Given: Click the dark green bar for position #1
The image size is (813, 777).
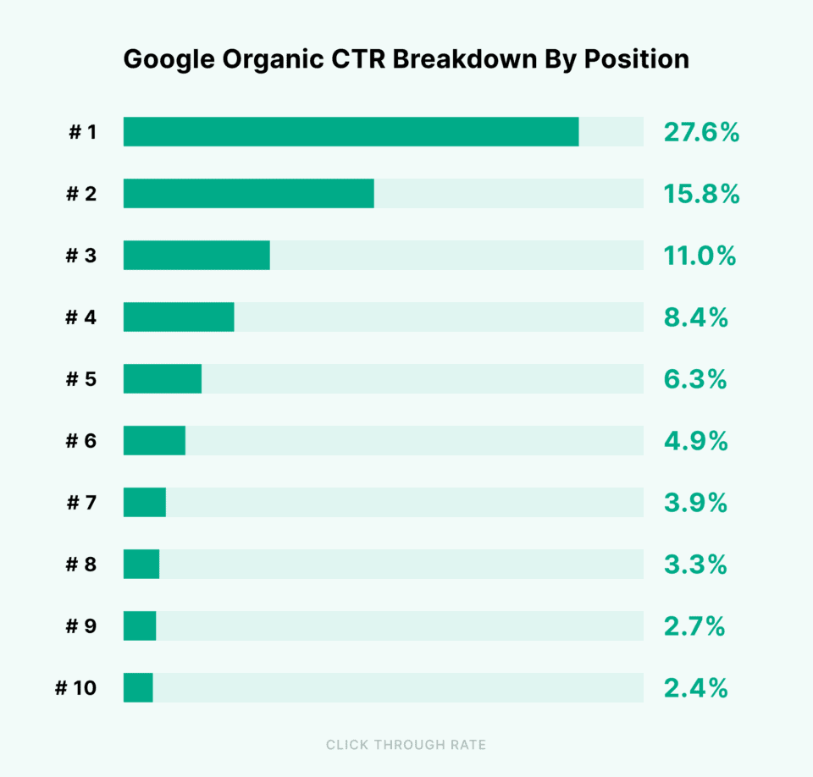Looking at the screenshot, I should tap(351, 132).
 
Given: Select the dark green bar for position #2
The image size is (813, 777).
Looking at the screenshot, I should tap(248, 194).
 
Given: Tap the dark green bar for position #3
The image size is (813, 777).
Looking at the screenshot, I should tap(196, 256).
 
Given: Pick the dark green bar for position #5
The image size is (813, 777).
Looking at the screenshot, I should tap(163, 379).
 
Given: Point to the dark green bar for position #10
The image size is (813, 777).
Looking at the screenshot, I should tap(138, 688).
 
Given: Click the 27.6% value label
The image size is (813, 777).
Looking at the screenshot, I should tap(701, 133).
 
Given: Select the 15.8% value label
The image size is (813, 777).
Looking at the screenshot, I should tap(701, 195).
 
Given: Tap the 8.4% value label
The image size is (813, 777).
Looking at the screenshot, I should tap(695, 317).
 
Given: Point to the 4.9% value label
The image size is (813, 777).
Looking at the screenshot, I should tap(695, 441).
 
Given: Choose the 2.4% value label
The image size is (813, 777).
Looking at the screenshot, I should tap(695, 688).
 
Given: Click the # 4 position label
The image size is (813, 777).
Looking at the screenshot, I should tap(81, 317).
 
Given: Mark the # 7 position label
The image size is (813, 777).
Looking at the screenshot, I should tap(81, 503).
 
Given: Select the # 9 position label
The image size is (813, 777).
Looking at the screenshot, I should tap(81, 626).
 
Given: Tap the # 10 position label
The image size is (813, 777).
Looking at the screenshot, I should tap(76, 688).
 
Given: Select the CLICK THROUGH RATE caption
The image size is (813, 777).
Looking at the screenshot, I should tap(406, 745).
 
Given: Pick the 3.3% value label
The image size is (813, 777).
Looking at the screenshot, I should tap(695, 565).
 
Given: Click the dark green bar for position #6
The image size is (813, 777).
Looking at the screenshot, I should tap(154, 441).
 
